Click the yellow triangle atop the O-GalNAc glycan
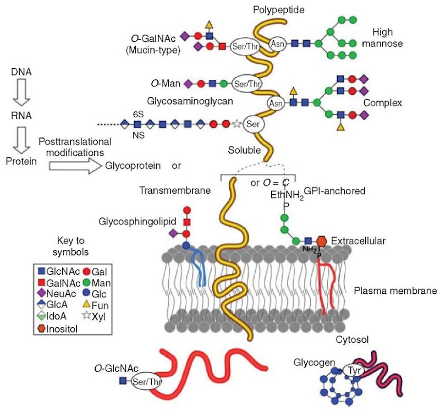point(208,25)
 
